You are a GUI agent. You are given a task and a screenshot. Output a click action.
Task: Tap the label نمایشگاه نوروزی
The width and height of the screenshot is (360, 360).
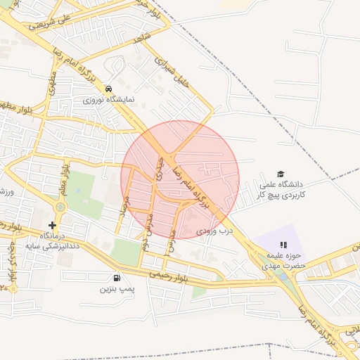pyautogui.click(x=108, y=100)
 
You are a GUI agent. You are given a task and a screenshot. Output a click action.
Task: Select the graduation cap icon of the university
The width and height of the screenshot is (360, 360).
pyautogui.click(x=281, y=174)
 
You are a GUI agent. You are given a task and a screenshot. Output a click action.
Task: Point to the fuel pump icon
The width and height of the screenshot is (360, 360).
pyautogui.click(x=116, y=278)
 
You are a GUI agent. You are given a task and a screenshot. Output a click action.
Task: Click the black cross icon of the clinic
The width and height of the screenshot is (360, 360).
pyautogui.click(x=52, y=225)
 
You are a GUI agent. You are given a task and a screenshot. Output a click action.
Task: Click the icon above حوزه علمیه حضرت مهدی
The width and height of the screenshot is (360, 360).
pyautogui.click(x=283, y=245)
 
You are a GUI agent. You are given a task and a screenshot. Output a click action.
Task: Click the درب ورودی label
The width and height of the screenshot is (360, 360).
pyautogui.click(x=214, y=231)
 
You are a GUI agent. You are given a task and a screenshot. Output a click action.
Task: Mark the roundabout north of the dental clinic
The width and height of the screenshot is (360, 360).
pyautogui.click(x=60, y=207)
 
